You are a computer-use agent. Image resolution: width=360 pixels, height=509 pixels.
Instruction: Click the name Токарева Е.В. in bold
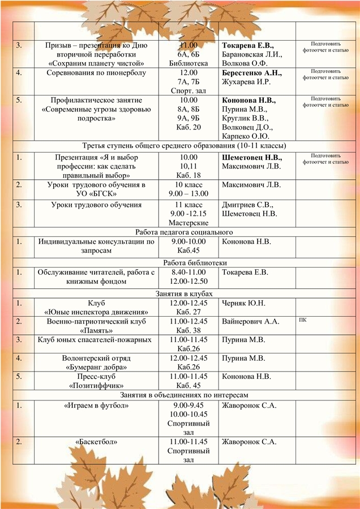point(248,45)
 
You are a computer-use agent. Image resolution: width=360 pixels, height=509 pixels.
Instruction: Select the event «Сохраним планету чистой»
point(96,64)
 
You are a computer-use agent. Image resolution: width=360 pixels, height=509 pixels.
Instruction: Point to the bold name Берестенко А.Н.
point(251,74)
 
